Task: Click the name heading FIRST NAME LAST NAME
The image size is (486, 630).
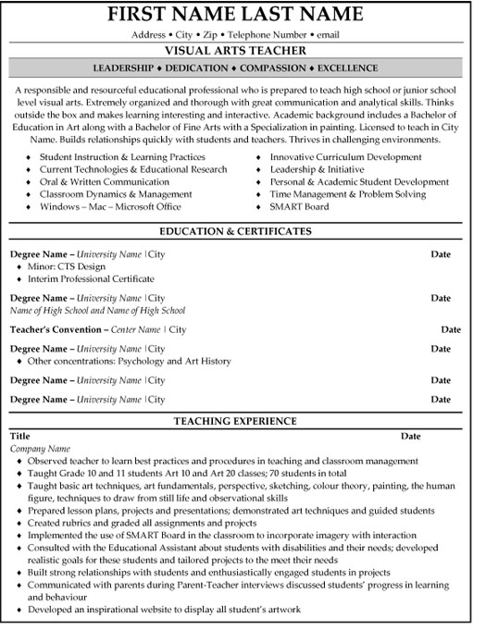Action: pos(243,16)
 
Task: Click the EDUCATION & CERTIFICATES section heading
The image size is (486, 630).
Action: pos(243,229)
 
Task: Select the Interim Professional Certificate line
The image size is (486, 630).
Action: pos(91,278)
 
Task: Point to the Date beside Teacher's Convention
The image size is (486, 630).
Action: pos(451,328)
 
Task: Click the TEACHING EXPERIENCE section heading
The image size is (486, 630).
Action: pos(243,421)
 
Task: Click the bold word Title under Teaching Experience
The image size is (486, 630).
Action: pos(19,435)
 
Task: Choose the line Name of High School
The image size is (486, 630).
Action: pos(97,311)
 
